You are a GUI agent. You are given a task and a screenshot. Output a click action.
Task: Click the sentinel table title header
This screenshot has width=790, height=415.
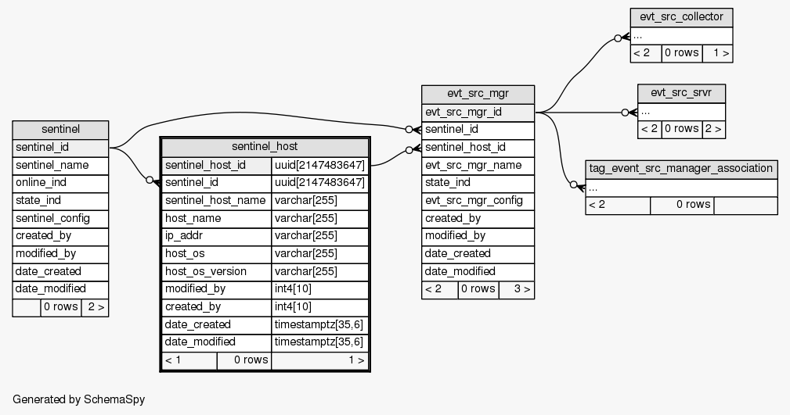pyautogui.click(x=60, y=130)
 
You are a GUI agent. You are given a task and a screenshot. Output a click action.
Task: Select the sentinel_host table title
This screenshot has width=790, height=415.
pyautogui.click(x=265, y=147)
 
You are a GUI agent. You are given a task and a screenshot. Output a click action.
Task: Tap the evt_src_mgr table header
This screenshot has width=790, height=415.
pyautogui.click(x=478, y=95)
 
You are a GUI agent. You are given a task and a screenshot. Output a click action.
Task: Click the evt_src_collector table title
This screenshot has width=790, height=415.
pyautogui.click(x=681, y=17)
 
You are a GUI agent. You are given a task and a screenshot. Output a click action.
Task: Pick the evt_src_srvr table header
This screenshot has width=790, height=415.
pyautogui.click(x=681, y=94)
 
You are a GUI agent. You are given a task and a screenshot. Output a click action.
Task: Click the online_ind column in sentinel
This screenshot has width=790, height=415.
pyautogui.click(x=60, y=183)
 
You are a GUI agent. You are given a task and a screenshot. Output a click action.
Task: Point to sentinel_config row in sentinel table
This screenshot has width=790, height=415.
pyautogui.click(x=60, y=218)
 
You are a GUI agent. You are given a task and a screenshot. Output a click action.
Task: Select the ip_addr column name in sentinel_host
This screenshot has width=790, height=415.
pyautogui.click(x=216, y=236)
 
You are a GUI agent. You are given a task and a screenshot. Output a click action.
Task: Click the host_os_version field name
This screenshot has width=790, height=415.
pyautogui.click(x=216, y=271)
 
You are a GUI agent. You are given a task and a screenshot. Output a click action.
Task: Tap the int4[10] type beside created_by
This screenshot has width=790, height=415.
pyautogui.click(x=319, y=306)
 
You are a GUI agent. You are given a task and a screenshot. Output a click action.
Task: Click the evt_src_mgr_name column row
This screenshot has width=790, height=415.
pyautogui.click(x=478, y=165)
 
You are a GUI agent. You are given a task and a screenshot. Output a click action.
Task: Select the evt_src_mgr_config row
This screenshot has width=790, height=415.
pyautogui.click(x=478, y=200)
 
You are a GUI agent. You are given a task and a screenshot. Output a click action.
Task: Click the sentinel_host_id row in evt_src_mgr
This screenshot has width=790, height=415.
pyautogui.click(x=478, y=147)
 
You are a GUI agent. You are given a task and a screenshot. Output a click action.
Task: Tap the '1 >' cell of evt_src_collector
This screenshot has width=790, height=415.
pyautogui.click(x=717, y=53)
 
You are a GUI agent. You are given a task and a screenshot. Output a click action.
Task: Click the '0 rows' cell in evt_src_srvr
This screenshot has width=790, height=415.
pyautogui.click(x=681, y=129)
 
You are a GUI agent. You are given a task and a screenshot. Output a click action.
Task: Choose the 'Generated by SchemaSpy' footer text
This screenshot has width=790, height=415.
pyautogui.click(x=79, y=399)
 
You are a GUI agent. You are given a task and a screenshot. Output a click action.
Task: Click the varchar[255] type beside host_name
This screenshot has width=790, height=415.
pyautogui.click(x=319, y=218)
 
